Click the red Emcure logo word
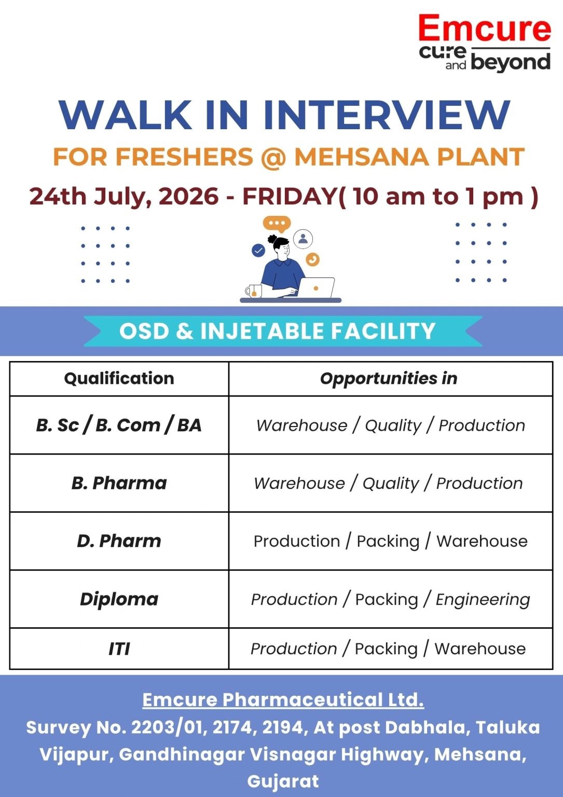click(484, 29)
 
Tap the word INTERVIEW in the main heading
click(387, 115)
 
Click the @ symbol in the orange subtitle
click(273, 157)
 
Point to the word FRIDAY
click(290, 196)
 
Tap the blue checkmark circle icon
click(258, 251)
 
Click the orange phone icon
click(312, 259)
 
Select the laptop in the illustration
click(316, 287)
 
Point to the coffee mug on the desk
click(254, 291)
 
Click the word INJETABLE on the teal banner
click(262, 331)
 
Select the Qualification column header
click(119, 379)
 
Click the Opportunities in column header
click(389, 379)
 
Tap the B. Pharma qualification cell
click(119, 483)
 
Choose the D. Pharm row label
click(119, 541)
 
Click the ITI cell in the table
click(119, 649)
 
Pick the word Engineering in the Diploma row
click(483, 600)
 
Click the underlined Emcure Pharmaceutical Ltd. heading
click(283, 700)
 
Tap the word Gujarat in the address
click(283, 781)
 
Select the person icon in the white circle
click(303, 238)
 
